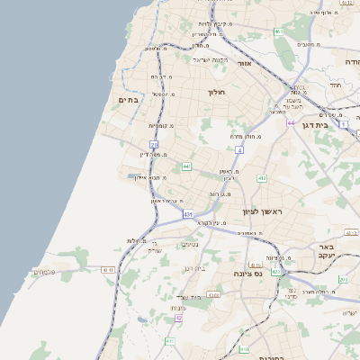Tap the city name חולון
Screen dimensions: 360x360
click(216, 92)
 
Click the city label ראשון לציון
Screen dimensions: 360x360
click(262, 211)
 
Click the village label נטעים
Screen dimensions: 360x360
click(190, 244)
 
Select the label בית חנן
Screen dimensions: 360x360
click(195, 268)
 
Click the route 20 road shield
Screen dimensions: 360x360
click(154, 144)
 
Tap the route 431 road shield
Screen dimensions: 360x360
click(187, 214)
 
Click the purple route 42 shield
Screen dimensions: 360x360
click(179, 318)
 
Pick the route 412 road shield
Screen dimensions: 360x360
click(261, 179)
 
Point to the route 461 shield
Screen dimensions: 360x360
click(279, 32)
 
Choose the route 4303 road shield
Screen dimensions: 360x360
click(213, 294)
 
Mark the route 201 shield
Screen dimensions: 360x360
click(343, 279)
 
